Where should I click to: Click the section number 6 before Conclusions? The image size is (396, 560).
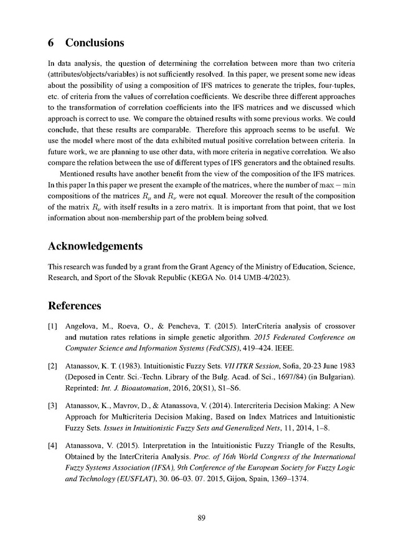pyautogui.click(x=51, y=44)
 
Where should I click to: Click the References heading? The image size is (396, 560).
pyautogui.click(x=74, y=306)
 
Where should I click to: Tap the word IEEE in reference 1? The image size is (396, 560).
pyautogui.click(x=273, y=348)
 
